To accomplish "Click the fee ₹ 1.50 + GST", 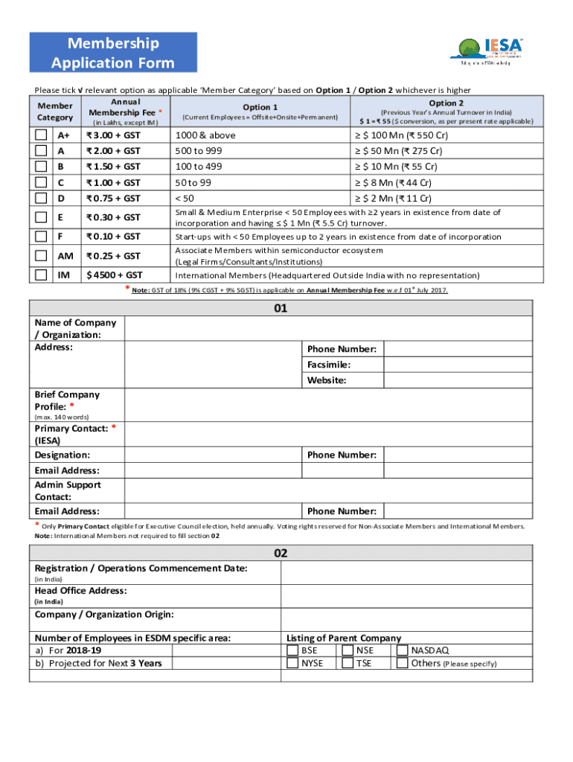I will point(113,167).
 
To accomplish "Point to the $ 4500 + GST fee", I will point(113,275).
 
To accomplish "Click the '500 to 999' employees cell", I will point(198,151).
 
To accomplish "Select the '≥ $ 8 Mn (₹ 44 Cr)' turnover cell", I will point(395,182).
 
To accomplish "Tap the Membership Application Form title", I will point(113,53).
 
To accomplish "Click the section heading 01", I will point(280,307).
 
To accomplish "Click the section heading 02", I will point(280,553).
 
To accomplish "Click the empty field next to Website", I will point(458,380).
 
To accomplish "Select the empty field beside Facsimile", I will point(458,365).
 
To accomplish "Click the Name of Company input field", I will point(327,329).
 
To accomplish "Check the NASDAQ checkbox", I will point(403,650).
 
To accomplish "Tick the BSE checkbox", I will point(292,650).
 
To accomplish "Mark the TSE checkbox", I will point(348,663).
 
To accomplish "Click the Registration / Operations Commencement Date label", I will point(141,569).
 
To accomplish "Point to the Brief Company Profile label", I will point(67,400).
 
